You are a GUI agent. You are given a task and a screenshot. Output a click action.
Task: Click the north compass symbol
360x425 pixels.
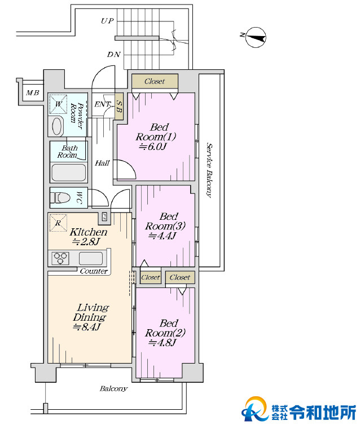256,37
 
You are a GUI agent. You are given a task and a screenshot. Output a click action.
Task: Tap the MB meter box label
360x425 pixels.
33,93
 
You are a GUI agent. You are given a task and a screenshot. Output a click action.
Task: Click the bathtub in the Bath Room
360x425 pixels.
69,172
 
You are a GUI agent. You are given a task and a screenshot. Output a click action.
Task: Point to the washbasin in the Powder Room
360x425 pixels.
57,126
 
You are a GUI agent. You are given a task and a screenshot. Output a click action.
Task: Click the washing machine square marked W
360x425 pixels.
58,104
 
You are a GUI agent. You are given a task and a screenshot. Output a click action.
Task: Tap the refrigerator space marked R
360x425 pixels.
58,223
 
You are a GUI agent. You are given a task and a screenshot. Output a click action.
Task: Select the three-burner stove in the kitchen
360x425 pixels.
60,258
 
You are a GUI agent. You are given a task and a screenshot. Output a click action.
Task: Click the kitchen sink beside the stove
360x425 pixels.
91,258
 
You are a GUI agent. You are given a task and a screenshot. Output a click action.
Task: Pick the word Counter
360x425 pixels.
94,271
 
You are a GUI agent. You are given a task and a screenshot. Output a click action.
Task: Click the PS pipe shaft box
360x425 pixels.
105,216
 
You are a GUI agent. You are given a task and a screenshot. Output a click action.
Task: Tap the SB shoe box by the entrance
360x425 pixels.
119,106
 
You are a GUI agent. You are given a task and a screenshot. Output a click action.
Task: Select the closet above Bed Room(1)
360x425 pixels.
155,81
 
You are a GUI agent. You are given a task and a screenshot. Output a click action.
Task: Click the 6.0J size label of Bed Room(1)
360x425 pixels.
152,147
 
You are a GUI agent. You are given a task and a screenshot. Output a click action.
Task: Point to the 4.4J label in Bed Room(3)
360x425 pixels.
163,236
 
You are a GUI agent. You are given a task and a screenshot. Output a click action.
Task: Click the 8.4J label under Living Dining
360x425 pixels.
87,327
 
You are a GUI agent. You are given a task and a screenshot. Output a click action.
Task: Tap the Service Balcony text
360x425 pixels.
209,170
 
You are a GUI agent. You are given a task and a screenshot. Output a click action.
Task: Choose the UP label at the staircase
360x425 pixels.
107,21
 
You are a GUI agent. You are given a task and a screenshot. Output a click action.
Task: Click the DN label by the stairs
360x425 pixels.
113,55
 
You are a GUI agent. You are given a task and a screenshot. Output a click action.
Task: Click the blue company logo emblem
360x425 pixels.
255,409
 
